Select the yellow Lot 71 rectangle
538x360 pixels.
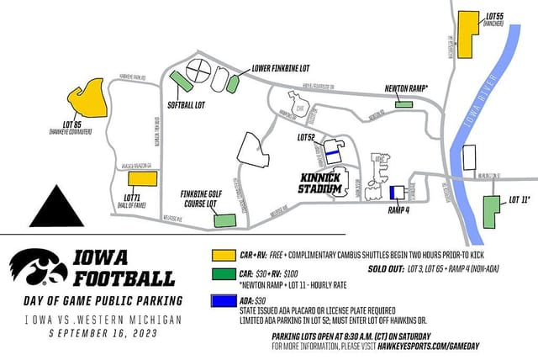(x=142, y=179)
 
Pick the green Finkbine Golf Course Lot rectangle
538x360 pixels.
(x=224, y=221)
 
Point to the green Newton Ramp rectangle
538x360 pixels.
(x=404, y=103)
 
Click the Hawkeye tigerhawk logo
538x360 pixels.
(x=38, y=269)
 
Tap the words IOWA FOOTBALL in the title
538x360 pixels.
(x=124, y=267)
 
